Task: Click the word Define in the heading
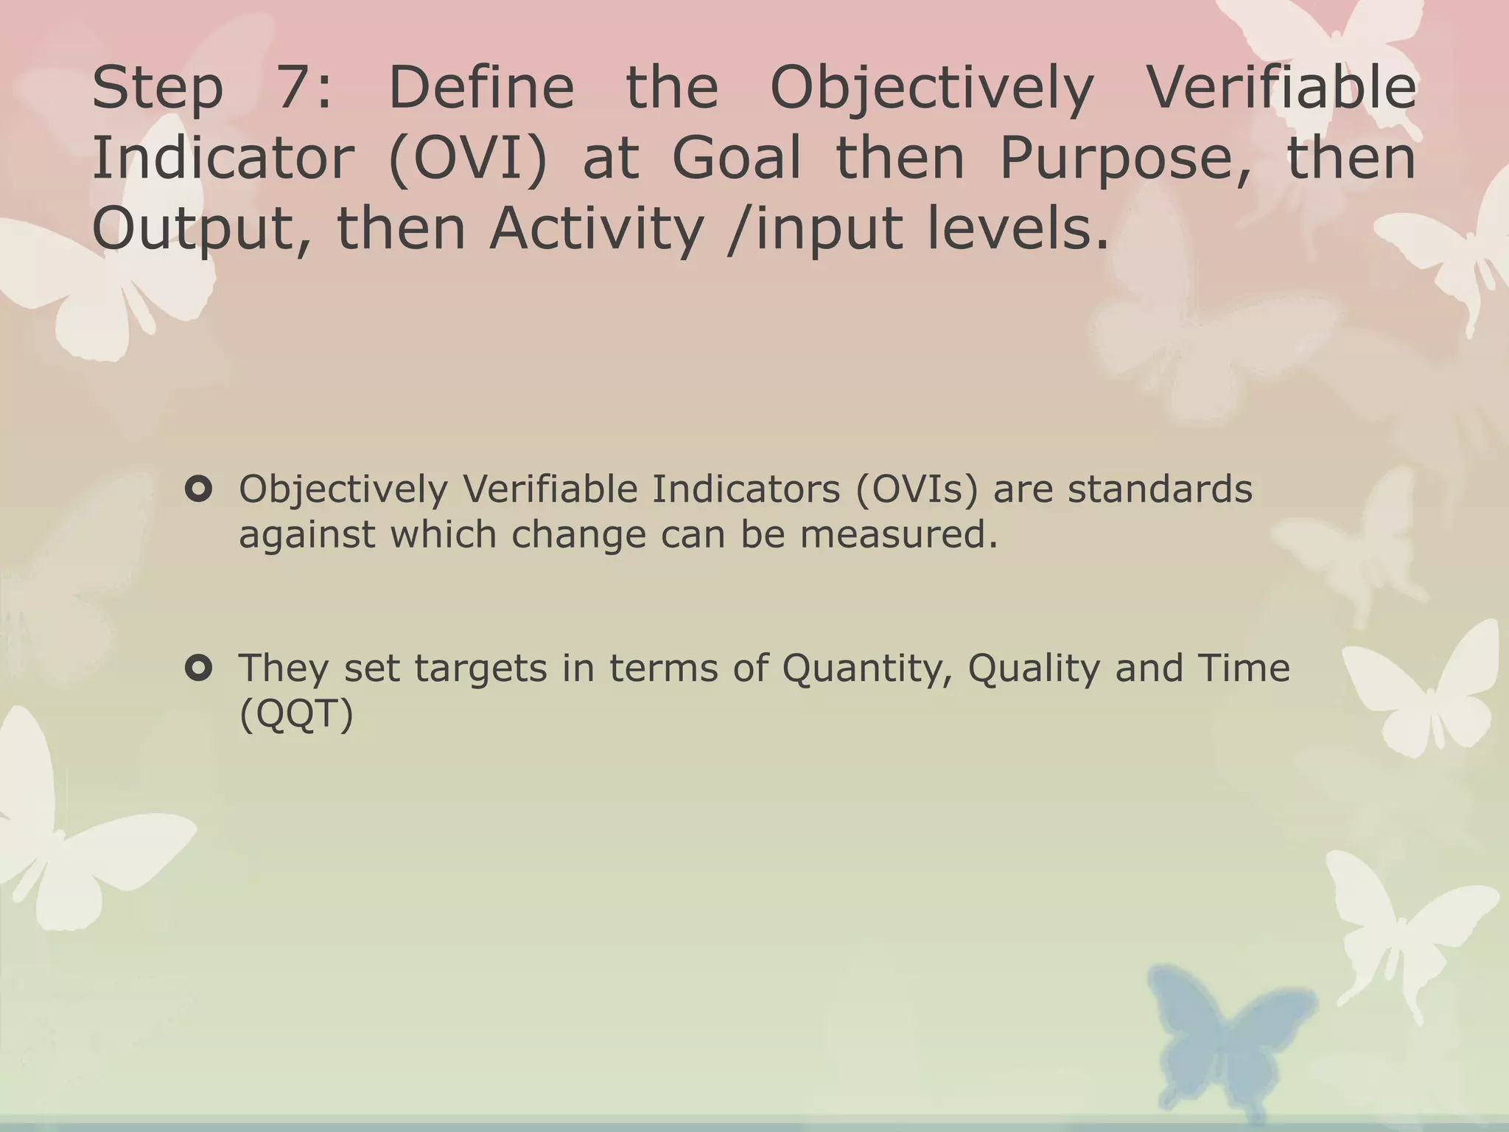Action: point(480,88)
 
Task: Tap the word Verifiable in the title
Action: point(1282,88)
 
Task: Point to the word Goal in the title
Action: point(736,158)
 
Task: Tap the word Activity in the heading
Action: point(596,229)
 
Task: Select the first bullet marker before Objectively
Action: point(199,489)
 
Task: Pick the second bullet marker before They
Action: point(199,668)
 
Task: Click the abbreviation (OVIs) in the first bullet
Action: point(917,489)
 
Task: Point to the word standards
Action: point(1160,489)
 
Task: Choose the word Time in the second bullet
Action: point(1244,668)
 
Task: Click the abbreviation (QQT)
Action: point(296,713)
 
